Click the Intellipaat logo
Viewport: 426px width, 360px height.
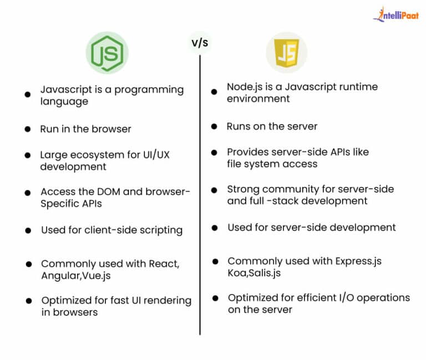pos(396,14)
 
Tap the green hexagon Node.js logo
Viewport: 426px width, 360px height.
pos(107,53)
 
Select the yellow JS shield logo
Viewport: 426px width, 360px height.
pos(287,53)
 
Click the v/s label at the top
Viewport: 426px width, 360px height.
pos(200,43)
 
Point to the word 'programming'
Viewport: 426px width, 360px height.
pos(149,90)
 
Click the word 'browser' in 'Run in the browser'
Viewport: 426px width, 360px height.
pos(111,129)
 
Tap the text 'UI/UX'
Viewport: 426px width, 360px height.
pos(156,155)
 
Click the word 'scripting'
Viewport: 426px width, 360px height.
pos(161,231)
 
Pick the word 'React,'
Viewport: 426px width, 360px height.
pos(164,264)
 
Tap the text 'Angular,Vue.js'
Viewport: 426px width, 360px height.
pos(76,276)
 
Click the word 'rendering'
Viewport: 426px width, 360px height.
pos(168,301)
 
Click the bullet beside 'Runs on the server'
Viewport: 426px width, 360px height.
pos(214,126)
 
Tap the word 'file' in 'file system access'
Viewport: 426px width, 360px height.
pos(234,164)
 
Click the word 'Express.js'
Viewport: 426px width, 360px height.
pos(359,261)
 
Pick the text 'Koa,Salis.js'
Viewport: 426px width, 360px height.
pos(254,273)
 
